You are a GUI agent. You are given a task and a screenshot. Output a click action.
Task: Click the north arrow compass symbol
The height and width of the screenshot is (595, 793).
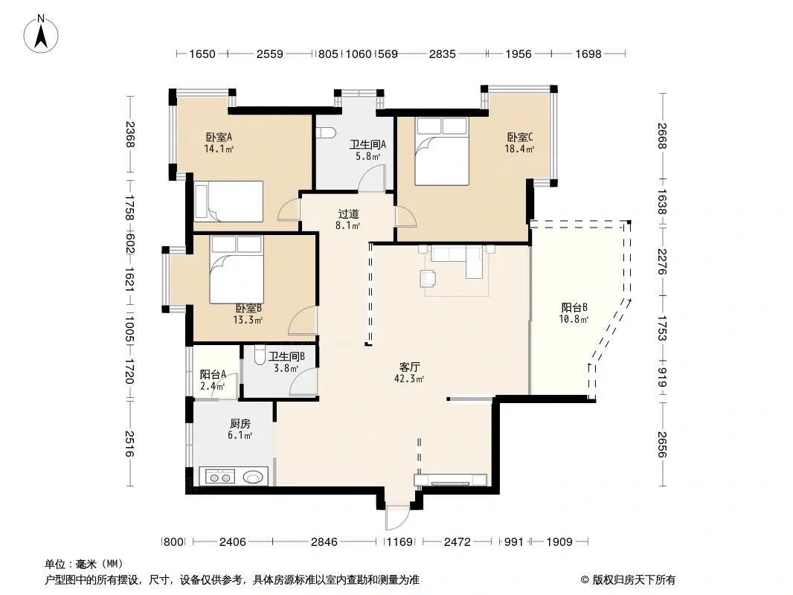pyautogui.click(x=41, y=33)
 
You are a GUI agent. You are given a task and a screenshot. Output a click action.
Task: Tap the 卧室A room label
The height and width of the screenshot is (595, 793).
pyautogui.click(x=219, y=137)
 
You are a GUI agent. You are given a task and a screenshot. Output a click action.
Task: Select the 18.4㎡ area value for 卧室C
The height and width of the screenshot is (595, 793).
pyautogui.click(x=519, y=149)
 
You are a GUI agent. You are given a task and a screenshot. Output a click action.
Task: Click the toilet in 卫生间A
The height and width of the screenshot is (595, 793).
pyautogui.click(x=327, y=133)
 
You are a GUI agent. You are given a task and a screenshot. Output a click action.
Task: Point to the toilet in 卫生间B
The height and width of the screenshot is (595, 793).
pyautogui.click(x=260, y=356)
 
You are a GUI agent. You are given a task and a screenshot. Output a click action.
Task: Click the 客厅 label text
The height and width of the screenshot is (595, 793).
pyautogui.click(x=409, y=367)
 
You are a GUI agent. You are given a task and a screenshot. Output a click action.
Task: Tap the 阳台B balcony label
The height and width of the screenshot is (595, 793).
pyautogui.click(x=574, y=307)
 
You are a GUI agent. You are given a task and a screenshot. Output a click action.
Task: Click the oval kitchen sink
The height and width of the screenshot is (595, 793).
pyautogui.click(x=254, y=476)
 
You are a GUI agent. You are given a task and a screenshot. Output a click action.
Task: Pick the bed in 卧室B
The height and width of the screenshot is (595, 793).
pyautogui.click(x=237, y=269)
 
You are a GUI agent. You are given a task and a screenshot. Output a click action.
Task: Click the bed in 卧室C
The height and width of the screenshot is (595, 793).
pyautogui.click(x=442, y=151)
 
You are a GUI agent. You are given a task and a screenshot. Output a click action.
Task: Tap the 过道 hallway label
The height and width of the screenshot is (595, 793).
pyautogui.click(x=348, y=214)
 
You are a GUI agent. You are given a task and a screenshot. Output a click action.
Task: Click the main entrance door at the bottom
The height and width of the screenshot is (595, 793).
pyautogui.click(x=396, y=517)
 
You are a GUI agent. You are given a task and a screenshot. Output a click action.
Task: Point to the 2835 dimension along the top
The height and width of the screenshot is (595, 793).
pyautogui.click(x=442, y=54)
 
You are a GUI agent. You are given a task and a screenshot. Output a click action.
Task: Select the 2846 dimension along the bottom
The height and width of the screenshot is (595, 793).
pyautogui.click(x=324, y=542)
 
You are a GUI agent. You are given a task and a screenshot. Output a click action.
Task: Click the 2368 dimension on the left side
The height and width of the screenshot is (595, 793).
pyautogui.click(x=130, y=135)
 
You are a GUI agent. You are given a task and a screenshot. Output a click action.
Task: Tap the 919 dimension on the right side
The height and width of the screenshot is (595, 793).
pyautogui.click(x=662, y=377)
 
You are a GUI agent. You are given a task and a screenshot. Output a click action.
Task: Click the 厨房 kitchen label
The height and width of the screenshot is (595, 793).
pyautogui.click(x=240, y=424)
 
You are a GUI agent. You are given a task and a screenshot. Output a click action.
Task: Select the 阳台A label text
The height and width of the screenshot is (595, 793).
pyautogui.click(x=213, y=375)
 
